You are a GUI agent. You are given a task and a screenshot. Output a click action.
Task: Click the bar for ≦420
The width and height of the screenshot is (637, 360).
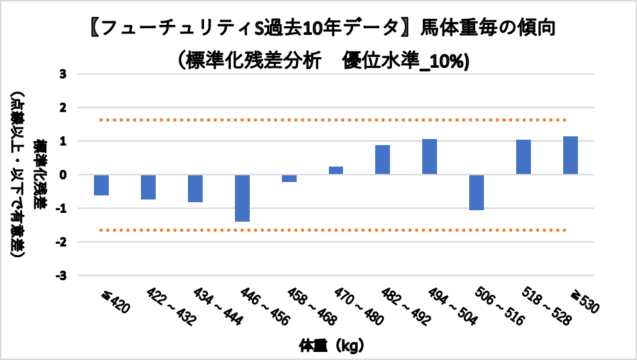tap(101, 185)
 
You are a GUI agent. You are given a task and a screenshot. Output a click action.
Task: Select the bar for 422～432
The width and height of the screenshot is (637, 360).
tap(148, 187)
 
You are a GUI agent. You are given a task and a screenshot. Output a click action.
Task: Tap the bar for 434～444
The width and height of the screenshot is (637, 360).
tap(195, 189)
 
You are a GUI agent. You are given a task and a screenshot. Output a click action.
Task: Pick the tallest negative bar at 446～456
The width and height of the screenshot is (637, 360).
tap(242, 198)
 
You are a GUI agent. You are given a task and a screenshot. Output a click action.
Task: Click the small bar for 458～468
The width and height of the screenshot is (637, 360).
tap(289, 179)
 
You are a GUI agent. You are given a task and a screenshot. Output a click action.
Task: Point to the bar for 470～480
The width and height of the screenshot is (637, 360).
tap(336, 171)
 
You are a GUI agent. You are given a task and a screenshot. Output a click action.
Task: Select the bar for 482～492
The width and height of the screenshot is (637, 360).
tap(383, 160)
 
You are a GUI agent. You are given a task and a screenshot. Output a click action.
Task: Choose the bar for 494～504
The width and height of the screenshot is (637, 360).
tap(430, 156)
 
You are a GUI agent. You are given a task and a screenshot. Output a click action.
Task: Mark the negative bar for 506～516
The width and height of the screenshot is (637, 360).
tap(477, 192)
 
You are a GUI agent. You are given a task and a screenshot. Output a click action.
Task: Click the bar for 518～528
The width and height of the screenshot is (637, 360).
tap(524, 157)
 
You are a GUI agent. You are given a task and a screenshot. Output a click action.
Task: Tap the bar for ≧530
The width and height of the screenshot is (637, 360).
tap(571, 155)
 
